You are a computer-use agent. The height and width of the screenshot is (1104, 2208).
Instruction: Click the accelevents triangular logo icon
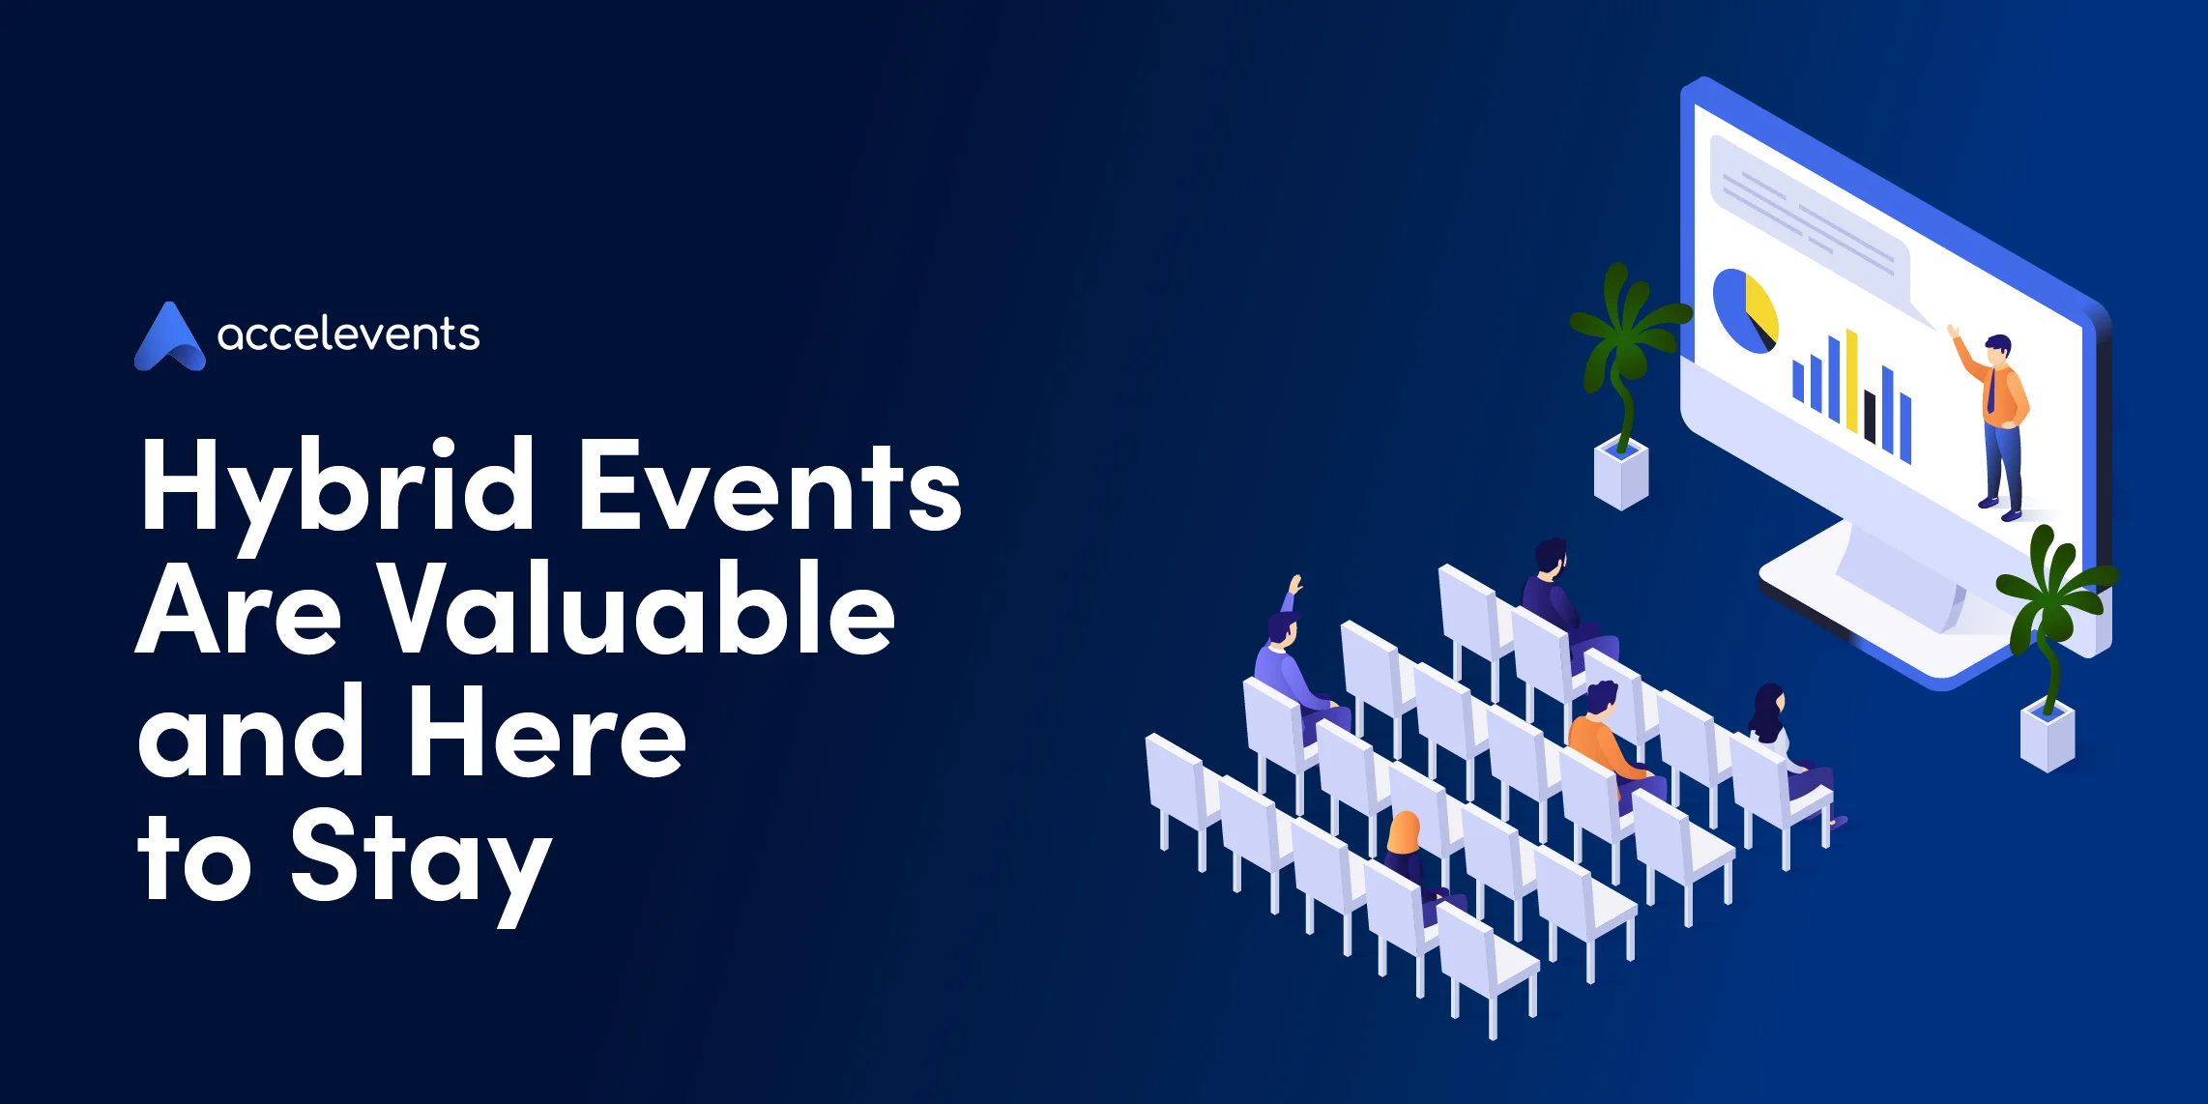169,338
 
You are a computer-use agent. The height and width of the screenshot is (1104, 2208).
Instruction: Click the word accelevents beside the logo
348,334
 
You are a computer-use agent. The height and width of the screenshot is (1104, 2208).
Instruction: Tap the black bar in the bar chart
1871,416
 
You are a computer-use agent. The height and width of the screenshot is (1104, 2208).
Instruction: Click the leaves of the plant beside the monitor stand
2054,590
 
